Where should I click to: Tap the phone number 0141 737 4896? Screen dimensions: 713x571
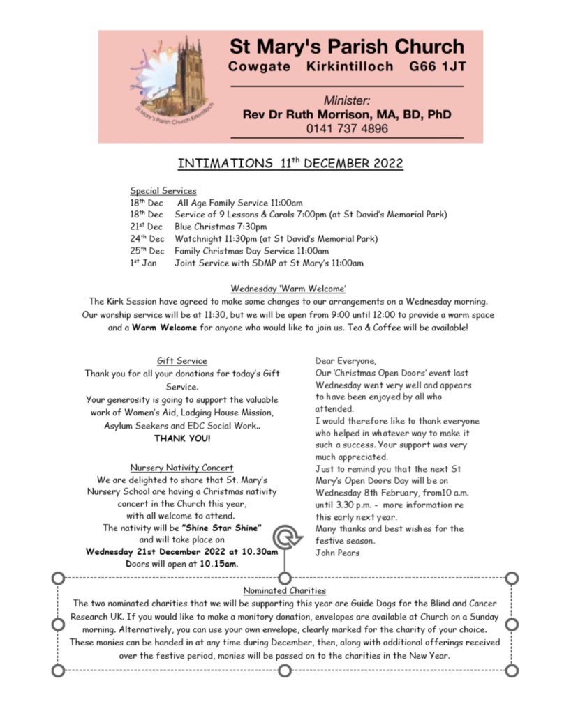coord(347,128)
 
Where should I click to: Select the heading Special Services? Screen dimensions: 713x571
coord(163,190)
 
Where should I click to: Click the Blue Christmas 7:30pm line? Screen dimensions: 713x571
coord(221,227)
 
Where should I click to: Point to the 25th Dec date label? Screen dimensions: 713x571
coord(147,251)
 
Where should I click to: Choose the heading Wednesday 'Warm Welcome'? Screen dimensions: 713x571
coord(288,289)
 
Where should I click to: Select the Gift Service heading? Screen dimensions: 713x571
coord(181,361)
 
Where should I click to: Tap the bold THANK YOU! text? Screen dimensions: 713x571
coord(182,438)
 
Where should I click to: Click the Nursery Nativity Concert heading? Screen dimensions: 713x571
coord(181,468)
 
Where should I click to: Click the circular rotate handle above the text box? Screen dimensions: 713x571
coord(285,537)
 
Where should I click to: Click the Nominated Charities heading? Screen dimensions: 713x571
coord(285,591)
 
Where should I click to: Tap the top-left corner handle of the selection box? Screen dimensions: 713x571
coord(59,578)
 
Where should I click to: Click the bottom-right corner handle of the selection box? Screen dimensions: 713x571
coord(512,670)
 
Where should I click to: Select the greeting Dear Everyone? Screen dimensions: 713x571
coord(345,360)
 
